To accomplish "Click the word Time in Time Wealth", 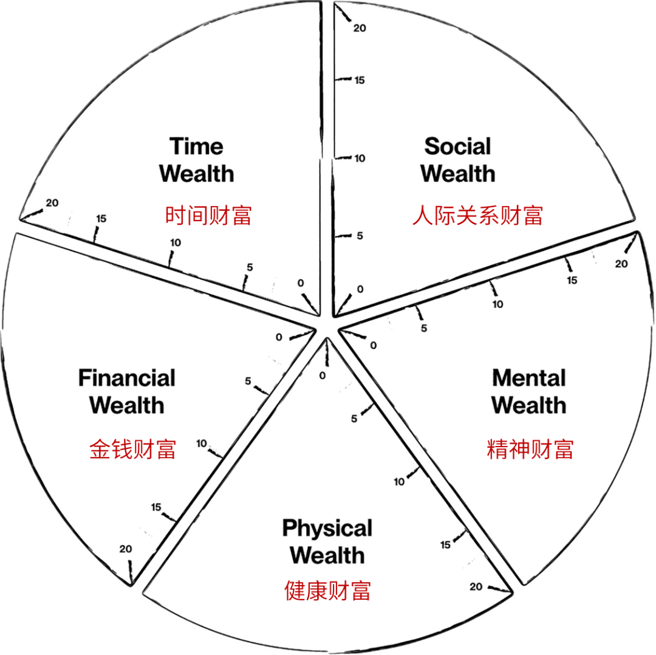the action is (196, 146).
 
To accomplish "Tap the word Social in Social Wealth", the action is (458, 146).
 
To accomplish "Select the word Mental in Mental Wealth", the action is (529, 379).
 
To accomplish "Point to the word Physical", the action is (327, 529).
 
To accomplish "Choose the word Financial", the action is (127, 378).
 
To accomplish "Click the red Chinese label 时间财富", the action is (208, 216).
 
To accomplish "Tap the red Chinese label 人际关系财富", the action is (477, 216).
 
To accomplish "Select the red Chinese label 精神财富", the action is (530, 450).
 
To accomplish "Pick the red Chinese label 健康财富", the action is (327, 591).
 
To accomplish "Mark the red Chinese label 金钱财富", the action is (132, 450).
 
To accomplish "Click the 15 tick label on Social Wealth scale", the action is (360, 80).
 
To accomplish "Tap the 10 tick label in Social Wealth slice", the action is (360, 158).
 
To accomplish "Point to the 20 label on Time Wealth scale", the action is (52, 203).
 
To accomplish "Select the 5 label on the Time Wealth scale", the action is (250, 267).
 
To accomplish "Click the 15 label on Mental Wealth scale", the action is (572, 281).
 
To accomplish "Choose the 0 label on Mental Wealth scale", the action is (373, 345).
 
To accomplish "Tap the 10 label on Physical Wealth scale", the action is (399, 482).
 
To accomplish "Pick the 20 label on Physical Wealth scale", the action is (476, 586).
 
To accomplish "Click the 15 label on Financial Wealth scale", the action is (156, 507).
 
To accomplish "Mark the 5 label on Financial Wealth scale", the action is (248, 381).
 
